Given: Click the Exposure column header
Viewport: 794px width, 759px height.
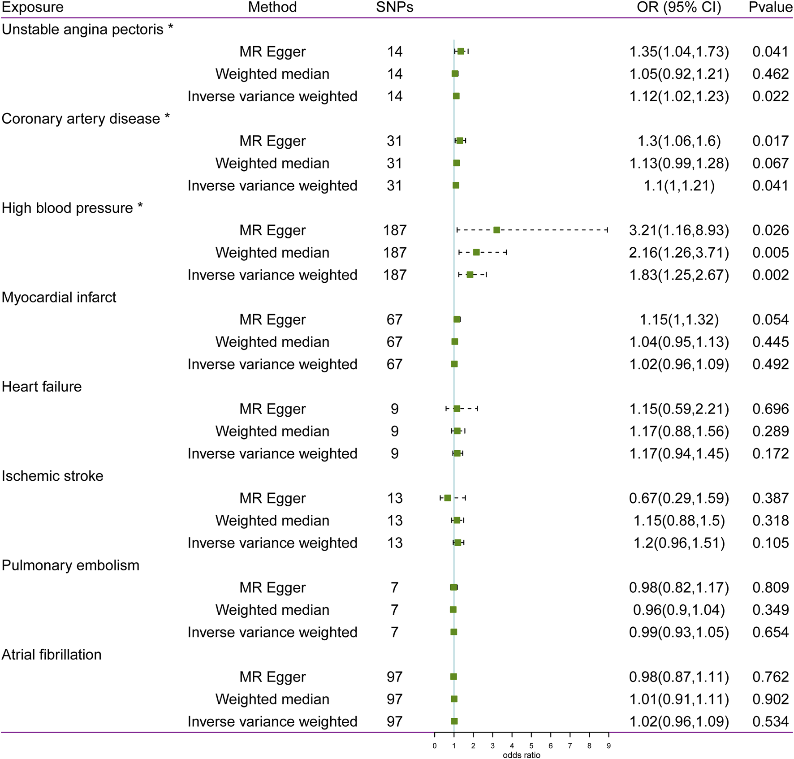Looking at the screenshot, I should pyautogui.click(x=33, y=7).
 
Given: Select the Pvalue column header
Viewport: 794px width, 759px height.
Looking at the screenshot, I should pyautogui.click(x=770, y=7).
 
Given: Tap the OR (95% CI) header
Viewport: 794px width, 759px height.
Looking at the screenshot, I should pyautogui.click(x=679, y=7).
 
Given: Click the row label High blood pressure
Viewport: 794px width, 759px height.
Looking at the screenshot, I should pyautogui.click(x=67, y=208).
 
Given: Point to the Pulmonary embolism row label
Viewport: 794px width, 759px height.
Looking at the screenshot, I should pyautogui.click(x=70, y=565).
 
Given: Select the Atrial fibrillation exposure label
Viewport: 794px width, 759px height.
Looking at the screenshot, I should pyautogui.click(x=52, y=655).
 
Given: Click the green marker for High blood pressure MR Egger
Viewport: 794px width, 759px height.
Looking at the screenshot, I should pyautogui.click(x=496, y=230).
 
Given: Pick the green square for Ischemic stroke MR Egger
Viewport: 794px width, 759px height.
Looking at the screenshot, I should pyautogui.click(x=447, y=498).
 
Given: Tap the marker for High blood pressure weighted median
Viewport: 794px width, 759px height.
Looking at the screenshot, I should pyautogui.click(x=476, y=252).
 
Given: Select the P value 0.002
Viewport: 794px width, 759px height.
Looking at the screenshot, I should pyautogui.click(x=770, y=275).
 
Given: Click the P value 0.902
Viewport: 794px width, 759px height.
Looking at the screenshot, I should pyautogui.click(x=770, y=699).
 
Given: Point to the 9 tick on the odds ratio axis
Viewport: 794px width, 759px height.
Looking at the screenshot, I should pyautogui.click(x=608, y=746).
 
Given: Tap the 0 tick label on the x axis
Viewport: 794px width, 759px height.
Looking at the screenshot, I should pyautogui.click(x=435, y=746).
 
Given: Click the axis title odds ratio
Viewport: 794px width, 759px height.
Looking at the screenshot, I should pyautogui.click(x=521, y=755).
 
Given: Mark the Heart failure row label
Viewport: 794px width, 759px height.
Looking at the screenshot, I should pyautogui.click(x=42, y=387).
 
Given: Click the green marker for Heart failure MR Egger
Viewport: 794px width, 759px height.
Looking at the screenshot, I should pyautogui.click(x=457, y=409).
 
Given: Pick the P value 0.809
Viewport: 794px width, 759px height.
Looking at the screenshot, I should pyautogui.click(x=770, y=587).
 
